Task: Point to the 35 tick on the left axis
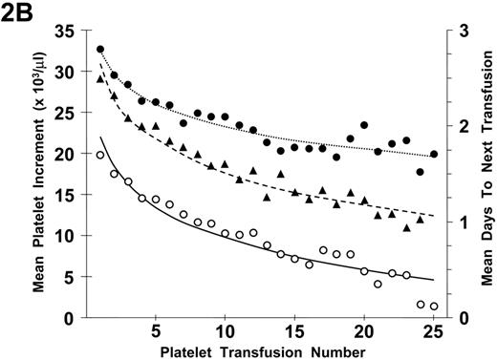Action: tap(64, 32)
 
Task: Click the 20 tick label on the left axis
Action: tap(64, 154)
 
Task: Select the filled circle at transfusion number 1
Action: tap(100, 50)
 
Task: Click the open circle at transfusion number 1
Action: tap(100, 155)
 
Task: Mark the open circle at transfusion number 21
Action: tap(378, 284)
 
